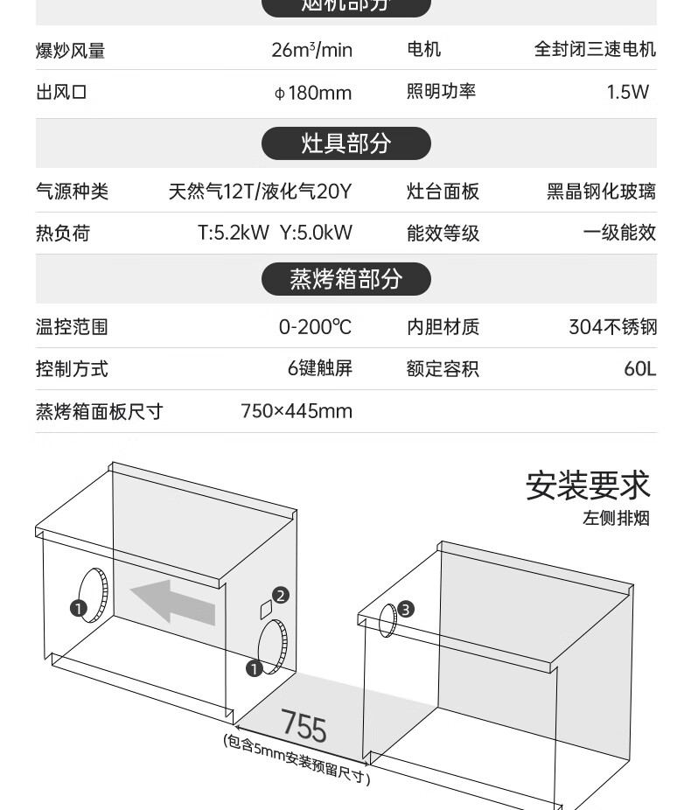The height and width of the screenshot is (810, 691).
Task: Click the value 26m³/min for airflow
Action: pyautogui.click(x=311, y=50)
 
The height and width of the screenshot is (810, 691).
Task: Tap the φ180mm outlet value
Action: pyautogui.click(x=312, y=92)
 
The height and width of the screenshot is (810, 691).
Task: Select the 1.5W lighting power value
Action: pyautogui.click(x=628, y=92)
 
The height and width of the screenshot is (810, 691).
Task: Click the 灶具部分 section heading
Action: pyautogui.click(x=346, y=143)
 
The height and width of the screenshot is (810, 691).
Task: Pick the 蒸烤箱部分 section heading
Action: pyautogui.click(x=346, y=279)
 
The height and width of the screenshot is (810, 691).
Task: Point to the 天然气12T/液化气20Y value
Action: pyautogui.click(x=260, y=192)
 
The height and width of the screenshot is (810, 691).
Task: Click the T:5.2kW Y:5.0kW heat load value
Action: pyautogui.click(x=275, y=233)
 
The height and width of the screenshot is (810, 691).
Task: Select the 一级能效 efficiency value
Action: pyautogui.click(x=619, y=233)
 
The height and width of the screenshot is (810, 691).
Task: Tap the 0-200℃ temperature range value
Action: pyautogui.click(x=315, y=327)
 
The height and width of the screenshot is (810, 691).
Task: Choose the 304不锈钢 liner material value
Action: pyautogui.click(x=612, y=327)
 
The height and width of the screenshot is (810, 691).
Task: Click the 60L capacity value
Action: pyautogui.click(x=639, y=369)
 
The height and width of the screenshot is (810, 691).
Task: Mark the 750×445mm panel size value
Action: pyautogui.click(x=296, y=411)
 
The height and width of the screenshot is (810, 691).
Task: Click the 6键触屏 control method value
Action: pyautogui.click(x=319, y=369)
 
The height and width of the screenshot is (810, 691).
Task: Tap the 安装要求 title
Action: pyautogui.click(x=588, y=485)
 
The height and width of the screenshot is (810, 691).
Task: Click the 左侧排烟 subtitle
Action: pyautogui.click(x=617, y=518)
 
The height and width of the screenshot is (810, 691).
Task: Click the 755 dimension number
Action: pyautogui.click(x=304, y=726)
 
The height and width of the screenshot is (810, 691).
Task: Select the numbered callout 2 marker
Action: pyautogui.click(x=280, y=596)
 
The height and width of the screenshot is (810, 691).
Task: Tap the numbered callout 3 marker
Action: pyautogui.click(x=406, y=609)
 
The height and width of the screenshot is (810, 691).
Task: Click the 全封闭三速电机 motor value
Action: pyautogui.click(x=595, y=50)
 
